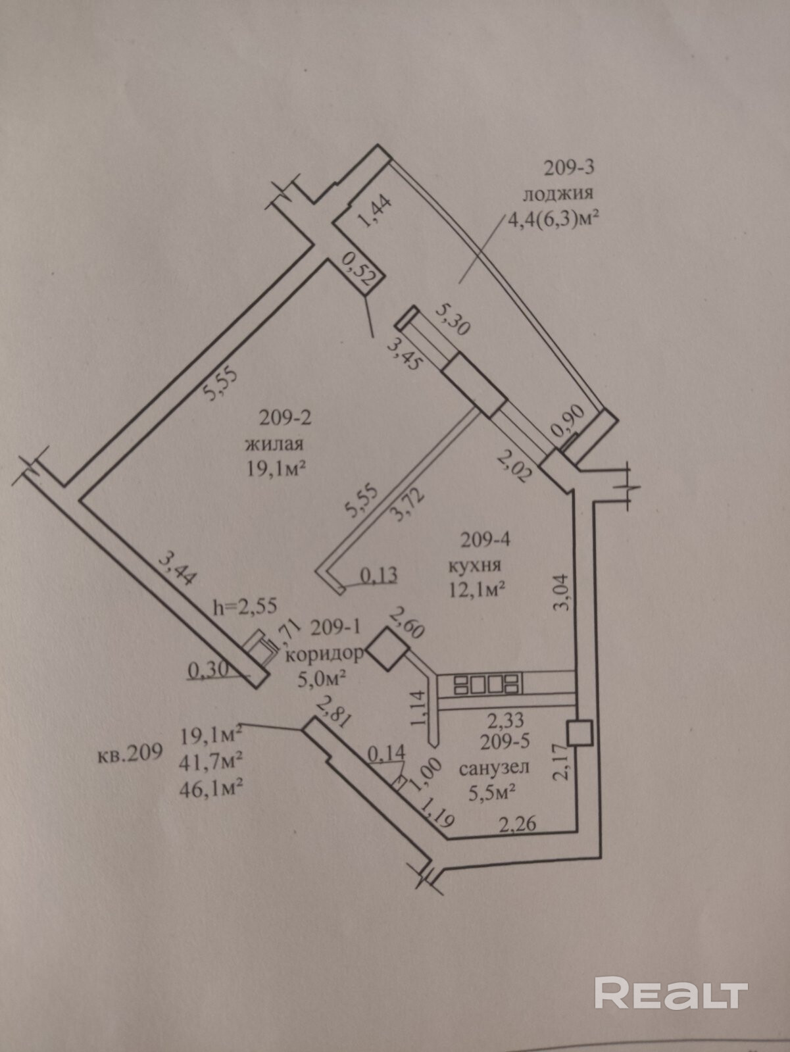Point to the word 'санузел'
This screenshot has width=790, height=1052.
tap(494, 767)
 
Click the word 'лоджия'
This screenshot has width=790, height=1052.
tap(557, 193)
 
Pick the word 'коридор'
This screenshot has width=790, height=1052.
tap(325, 655)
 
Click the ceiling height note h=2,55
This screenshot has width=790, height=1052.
tap(246, 606)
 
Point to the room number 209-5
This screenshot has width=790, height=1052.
tap(505, 742)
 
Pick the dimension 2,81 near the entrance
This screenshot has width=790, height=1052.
tap(332, 712)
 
